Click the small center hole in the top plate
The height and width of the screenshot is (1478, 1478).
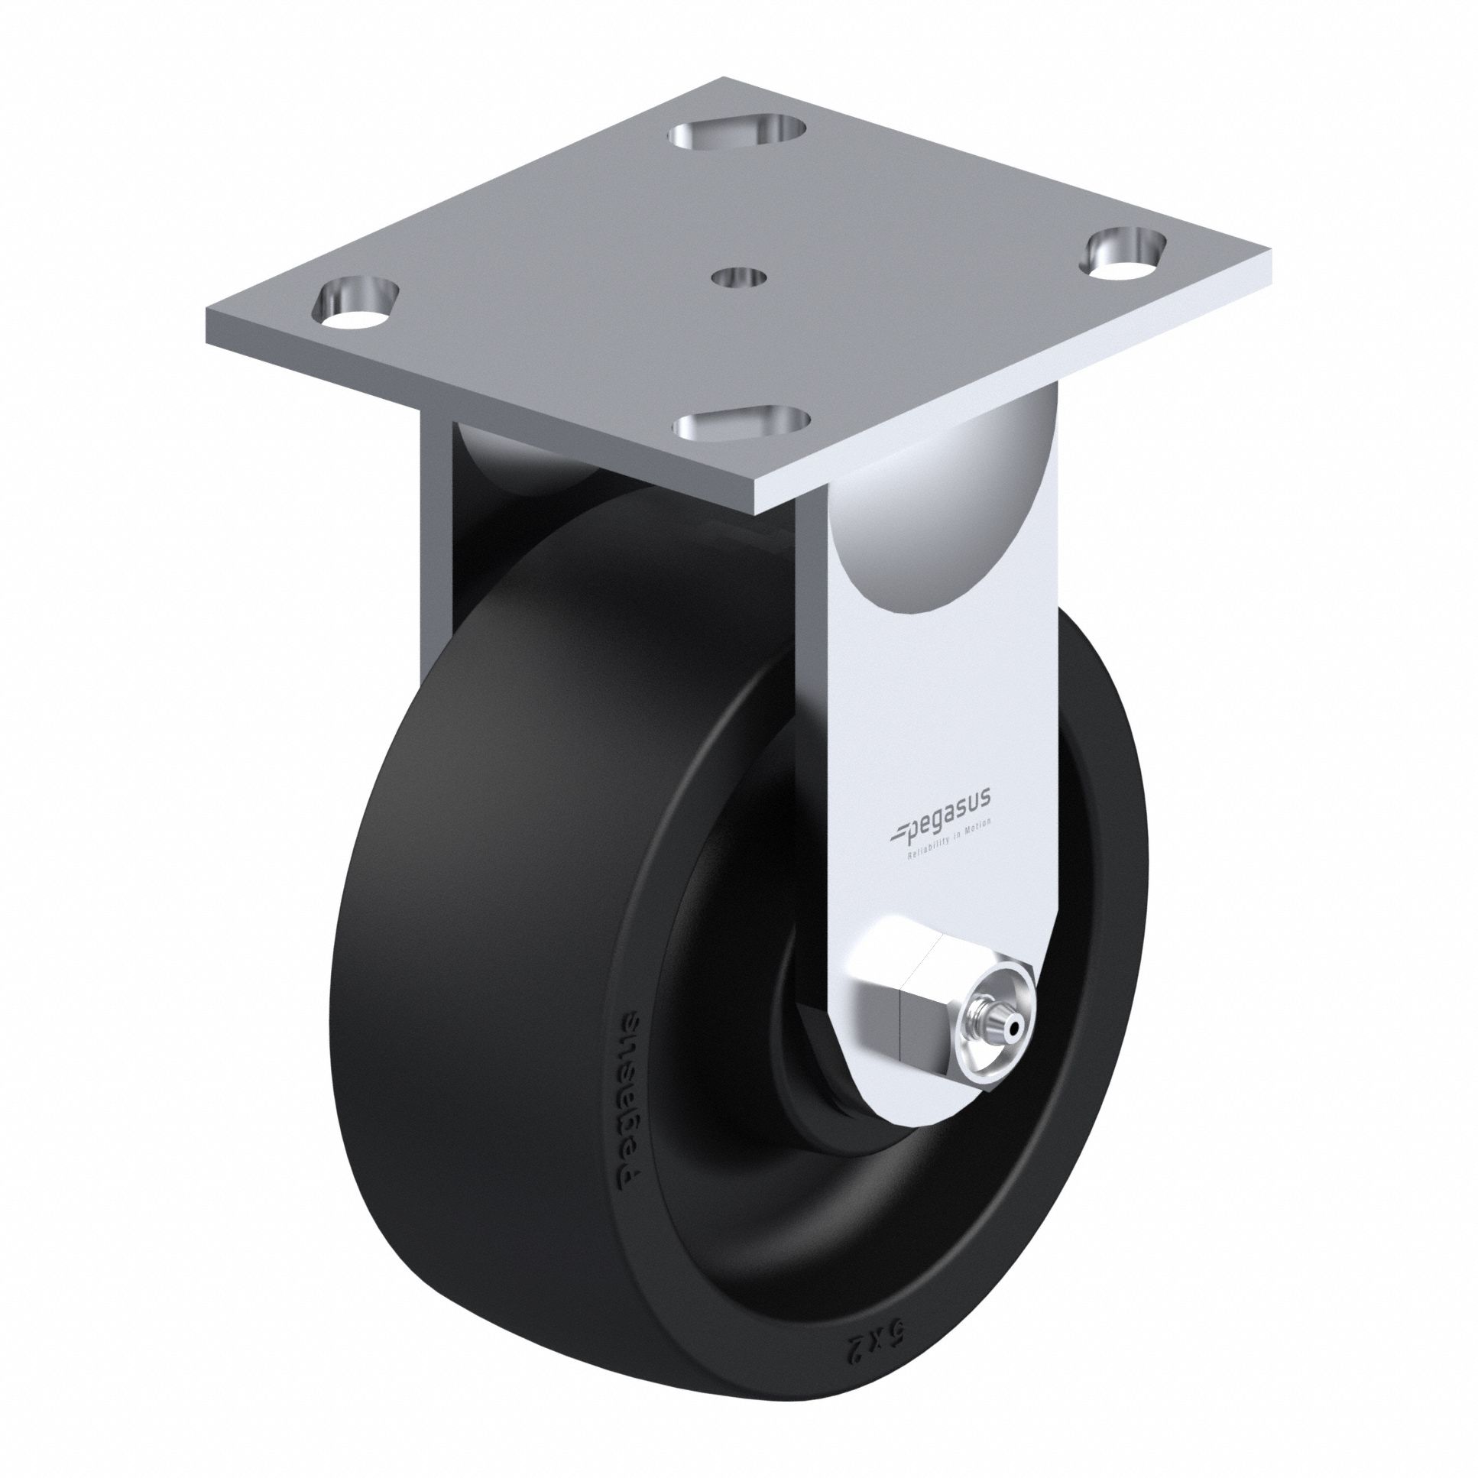click(x=738, y=277)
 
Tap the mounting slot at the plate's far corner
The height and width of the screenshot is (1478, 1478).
click(x=738, y=135)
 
